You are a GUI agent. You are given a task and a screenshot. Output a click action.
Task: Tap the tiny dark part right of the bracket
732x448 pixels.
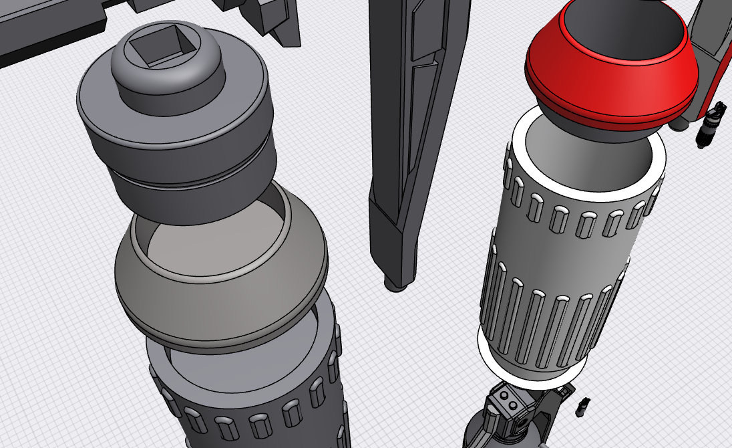[x=584, y=404]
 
